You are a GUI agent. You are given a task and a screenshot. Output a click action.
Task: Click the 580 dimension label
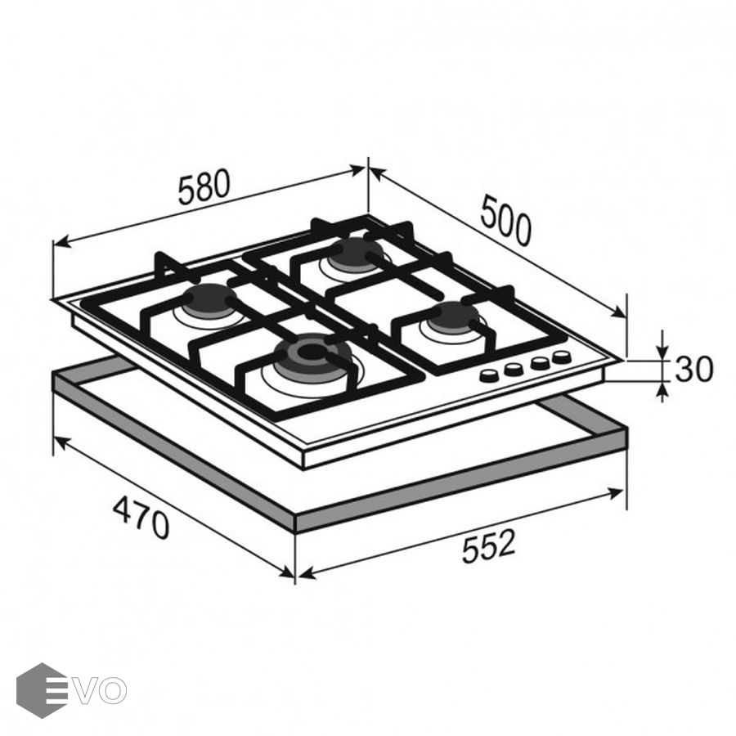click(204, 186)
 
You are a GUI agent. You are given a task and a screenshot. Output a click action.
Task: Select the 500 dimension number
click(506, 221)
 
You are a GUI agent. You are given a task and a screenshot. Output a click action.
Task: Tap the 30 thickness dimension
click(693, 369)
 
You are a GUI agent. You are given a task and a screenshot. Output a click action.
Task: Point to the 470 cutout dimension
click(141, 518)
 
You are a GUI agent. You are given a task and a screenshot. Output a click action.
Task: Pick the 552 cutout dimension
click(489, 546)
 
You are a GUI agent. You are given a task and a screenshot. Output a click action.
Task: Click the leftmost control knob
click(490, 375)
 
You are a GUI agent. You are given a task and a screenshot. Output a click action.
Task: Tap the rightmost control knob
click(561, 357)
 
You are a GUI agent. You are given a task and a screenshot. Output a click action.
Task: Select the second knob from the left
click(514, 369)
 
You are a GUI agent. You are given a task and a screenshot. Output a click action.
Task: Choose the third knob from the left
click(539, 363)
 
